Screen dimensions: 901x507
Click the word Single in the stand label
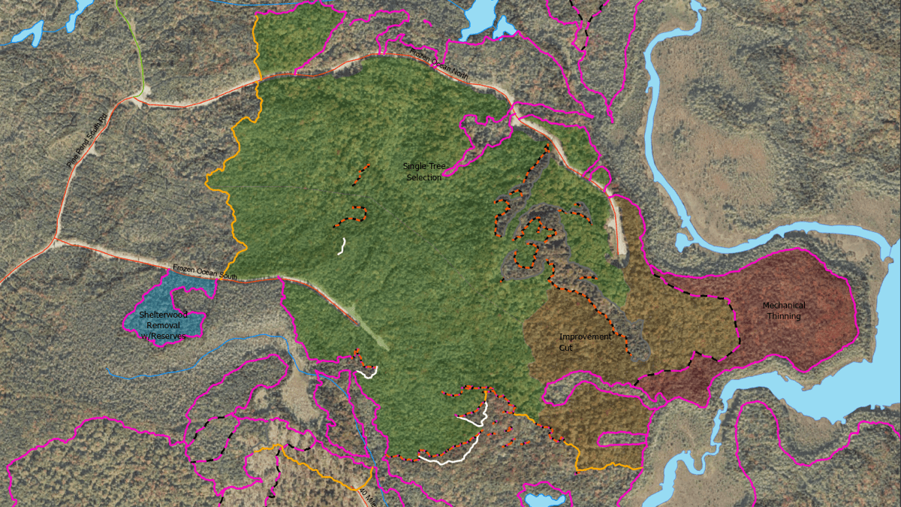(x=414, y=166)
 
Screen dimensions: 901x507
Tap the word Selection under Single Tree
(x=424, y=177)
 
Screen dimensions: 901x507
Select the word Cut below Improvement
(x=565, y=348)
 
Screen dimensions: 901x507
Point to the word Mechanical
(x=784, y=306)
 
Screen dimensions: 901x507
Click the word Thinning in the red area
(x=784, y=316)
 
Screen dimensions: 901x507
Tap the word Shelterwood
(x=162, y=315)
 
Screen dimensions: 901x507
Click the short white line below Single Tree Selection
(x=342, y=246)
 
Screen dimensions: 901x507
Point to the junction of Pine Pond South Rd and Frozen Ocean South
(x=56, y=240)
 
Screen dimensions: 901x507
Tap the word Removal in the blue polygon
(x=162, y=325)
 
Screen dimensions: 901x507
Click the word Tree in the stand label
(x=435, y=166)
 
